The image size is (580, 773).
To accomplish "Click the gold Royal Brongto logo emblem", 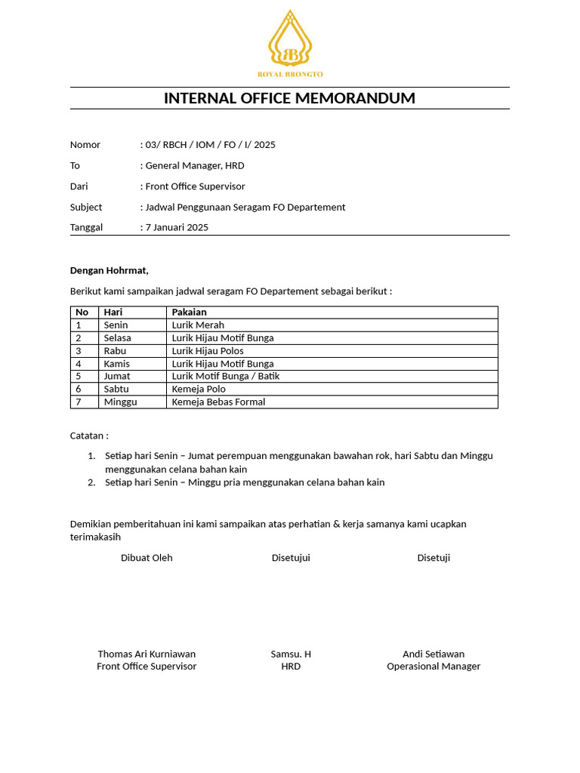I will coord(290,38).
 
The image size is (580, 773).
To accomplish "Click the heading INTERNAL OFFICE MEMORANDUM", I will coord(290,98).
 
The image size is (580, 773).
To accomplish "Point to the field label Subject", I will coord(86,207).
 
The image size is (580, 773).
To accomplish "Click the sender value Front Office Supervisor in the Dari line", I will coord(195,186).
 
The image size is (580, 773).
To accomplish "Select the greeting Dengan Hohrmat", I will coord(110,270).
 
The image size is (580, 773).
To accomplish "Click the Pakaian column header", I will coord(189,312).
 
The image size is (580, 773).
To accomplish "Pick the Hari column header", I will coord(113,312).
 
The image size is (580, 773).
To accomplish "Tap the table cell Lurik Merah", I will coord(198,325).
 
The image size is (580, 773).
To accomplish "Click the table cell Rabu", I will coord(115,351).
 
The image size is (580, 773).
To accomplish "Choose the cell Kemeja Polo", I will coord(199,389).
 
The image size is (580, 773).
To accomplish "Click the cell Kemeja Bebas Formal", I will coord(218,402).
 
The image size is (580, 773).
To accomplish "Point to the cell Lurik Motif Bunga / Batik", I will coord(225,376).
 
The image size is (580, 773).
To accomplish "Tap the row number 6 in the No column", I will coord(78,389).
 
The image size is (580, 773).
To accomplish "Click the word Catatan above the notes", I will coord(89,436).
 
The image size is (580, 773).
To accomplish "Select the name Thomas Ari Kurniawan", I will coord(147,654).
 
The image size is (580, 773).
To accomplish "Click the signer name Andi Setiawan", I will coord(433,654).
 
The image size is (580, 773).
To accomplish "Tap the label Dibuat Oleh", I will coord(147,558).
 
